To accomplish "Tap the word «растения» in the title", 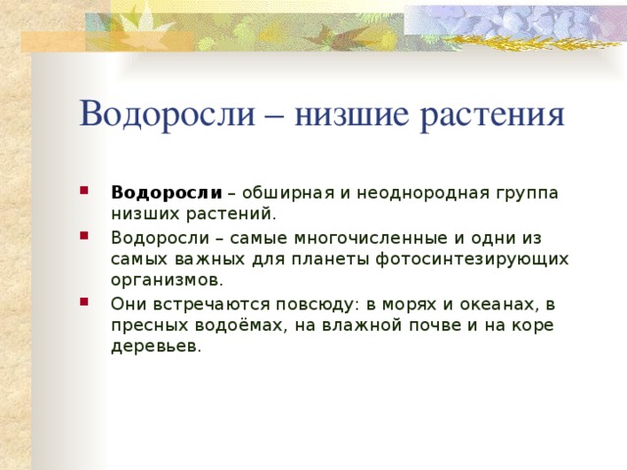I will click(493, 115).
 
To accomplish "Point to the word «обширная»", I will click(288, 191).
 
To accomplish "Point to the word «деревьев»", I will click(156, 346).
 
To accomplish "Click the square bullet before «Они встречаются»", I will click(88, 304).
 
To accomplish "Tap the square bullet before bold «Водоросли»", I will click(88, 191).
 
